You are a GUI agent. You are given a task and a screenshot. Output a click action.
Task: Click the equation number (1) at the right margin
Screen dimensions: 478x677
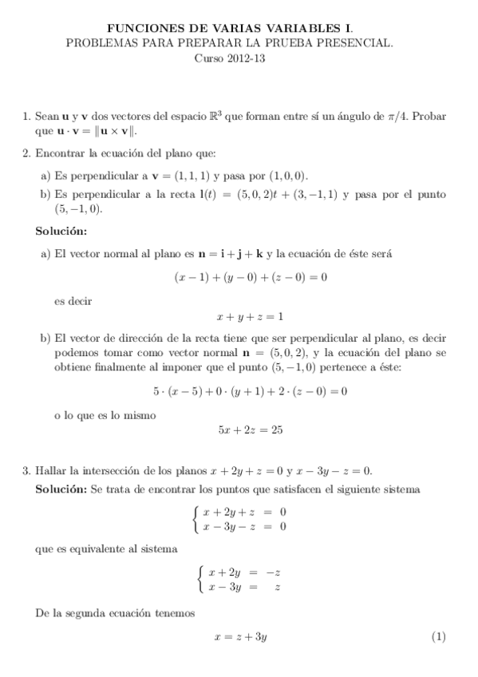(x=438, y=637)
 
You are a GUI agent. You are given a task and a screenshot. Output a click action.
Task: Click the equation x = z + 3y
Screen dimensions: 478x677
(x=240, y=637)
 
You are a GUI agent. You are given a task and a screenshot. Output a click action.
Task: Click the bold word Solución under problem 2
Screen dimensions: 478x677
(x=61, y=231)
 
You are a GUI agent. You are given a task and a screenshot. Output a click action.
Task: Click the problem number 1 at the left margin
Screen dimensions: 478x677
(x=26, y=116)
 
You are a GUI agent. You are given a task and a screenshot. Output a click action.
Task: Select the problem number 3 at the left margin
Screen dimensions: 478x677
(x=26, y=471)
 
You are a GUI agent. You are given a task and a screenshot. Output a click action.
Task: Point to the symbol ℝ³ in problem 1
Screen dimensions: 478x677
(x=215, y=115)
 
